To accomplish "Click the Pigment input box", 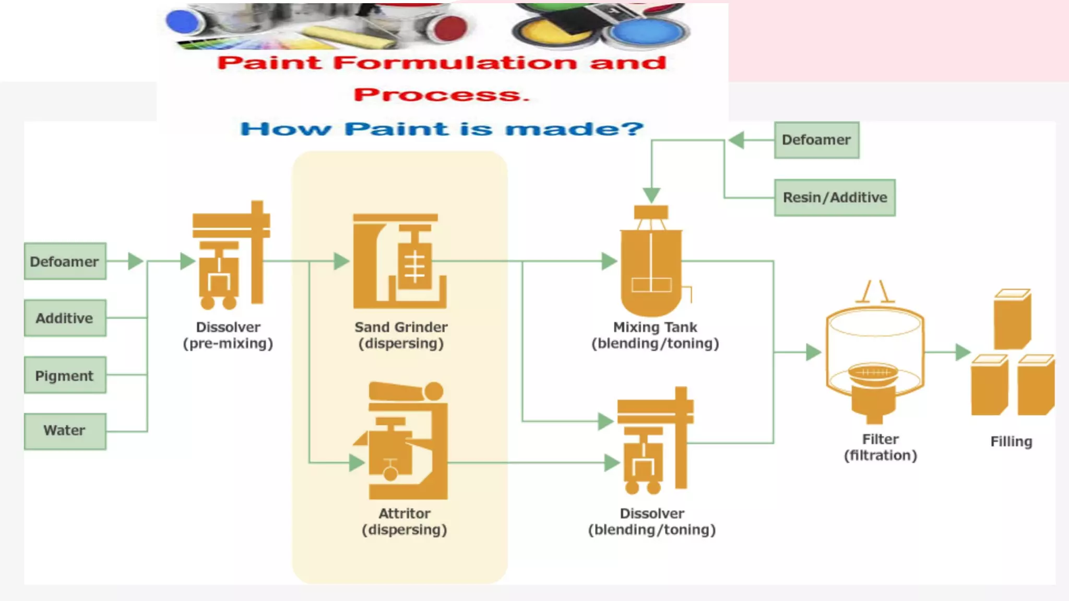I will point(65,375).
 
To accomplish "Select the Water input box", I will point(65,431).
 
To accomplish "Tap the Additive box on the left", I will point(65,318).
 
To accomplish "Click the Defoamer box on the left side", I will point(65,261).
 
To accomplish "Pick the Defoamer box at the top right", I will point(816,140).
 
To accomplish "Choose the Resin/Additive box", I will point(834,197).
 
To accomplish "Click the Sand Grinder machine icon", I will point(400,261).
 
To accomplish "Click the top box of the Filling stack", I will point(1012,319).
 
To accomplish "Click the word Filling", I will point(1011,441).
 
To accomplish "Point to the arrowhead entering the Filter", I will point(813,352).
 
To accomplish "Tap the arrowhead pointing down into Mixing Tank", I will point(651,195).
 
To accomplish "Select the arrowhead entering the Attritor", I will point(356,462).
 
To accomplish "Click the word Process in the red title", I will point(442,95).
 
